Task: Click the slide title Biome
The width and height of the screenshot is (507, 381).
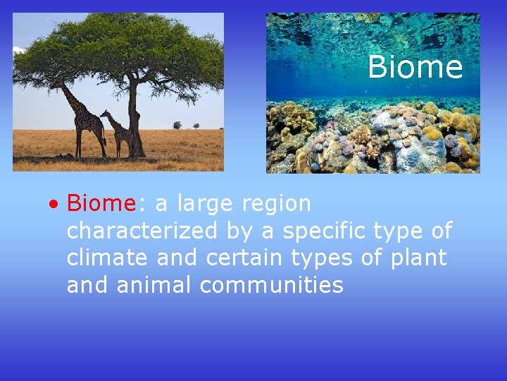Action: [x=415, y=68]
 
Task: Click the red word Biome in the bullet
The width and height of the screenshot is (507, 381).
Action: [x=101, y=204]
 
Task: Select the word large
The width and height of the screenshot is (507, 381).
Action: [x=206, y=205]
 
